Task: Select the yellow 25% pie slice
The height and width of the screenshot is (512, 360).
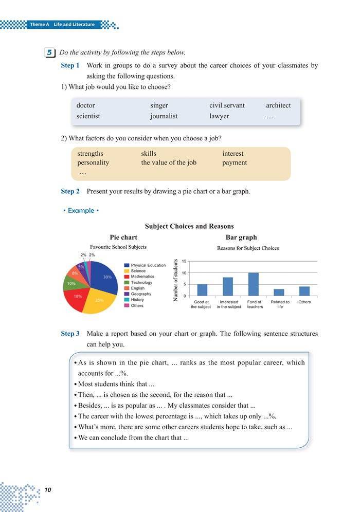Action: pos(99,302)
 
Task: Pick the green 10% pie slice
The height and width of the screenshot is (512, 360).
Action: pos(70,283)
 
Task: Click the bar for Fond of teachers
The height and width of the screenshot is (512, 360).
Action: pos(254,284)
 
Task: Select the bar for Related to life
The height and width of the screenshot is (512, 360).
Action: pos(279,292)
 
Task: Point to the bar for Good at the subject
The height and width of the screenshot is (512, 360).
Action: pos(202,290)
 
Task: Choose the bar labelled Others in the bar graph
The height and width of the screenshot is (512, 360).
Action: pos(304,291)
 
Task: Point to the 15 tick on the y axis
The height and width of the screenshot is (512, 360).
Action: pos(184,262)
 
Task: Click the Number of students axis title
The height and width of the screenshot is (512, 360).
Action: pos(176,280)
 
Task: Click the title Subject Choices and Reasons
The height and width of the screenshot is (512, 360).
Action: pos(189,226)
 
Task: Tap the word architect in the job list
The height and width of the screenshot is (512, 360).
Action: pos(278,105)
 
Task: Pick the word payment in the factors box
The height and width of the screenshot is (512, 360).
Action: pos(235,162)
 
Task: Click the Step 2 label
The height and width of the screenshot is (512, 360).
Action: pos(70,191)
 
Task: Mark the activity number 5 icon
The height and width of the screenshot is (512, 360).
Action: pos(49,52)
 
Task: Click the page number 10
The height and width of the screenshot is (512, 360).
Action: pos(48,489)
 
